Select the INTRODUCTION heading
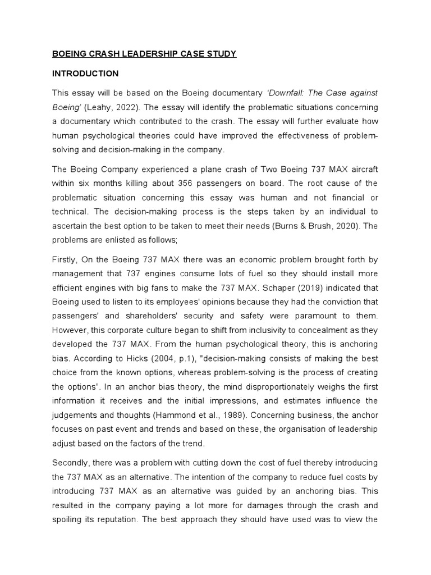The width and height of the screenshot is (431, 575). tap(85, 74)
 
